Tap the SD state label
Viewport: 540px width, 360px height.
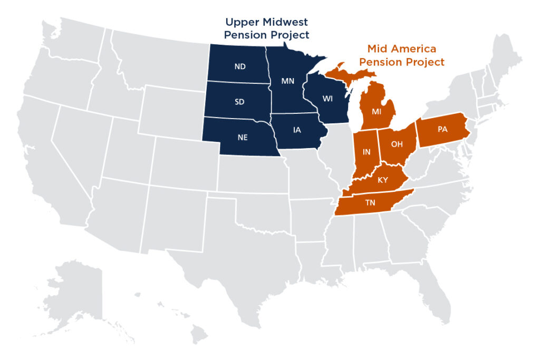239,101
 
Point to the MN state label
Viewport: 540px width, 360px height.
287,81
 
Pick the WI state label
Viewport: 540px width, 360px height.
328,98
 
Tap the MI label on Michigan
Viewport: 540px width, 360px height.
377,113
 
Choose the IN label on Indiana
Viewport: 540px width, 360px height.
367,152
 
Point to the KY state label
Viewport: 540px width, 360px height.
383,180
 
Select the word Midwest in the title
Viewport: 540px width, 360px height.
285,22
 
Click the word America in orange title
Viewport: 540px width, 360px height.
410,49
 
